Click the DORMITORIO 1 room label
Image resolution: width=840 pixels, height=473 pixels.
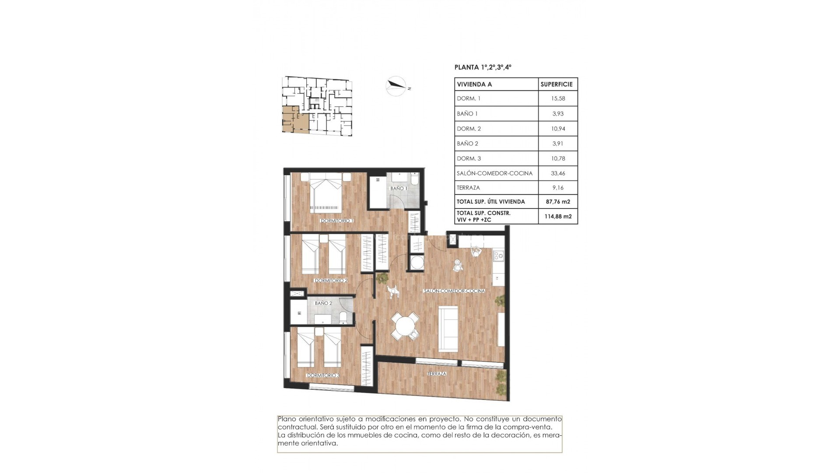coord(336,221)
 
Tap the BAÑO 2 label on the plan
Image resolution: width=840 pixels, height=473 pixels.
coord(323,303)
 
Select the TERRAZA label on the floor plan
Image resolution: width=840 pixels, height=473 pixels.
coord(437,374)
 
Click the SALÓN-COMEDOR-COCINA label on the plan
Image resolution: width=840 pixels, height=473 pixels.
coord(454,291)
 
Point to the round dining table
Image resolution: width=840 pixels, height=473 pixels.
coord(405,326)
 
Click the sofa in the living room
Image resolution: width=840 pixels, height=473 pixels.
coord(448,328)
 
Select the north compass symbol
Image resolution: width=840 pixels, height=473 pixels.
coord(396,86)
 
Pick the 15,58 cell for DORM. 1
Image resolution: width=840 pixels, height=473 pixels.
coord(558,99)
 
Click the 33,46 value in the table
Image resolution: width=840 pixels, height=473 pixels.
coord(558,173)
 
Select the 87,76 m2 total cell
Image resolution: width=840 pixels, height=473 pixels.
coord(558,202)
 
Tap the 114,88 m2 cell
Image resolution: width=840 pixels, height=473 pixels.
coord(558,216)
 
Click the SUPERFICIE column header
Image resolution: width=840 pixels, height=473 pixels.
coord(556,84)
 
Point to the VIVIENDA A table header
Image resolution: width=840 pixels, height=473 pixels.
coord(474,84)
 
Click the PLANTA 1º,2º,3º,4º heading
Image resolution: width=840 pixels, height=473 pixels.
coord(483,67)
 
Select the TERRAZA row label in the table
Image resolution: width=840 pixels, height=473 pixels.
coord(468,187)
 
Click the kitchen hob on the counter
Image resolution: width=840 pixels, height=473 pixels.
coord(498,255)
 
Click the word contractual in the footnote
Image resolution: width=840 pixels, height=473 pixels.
coord(295,427)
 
